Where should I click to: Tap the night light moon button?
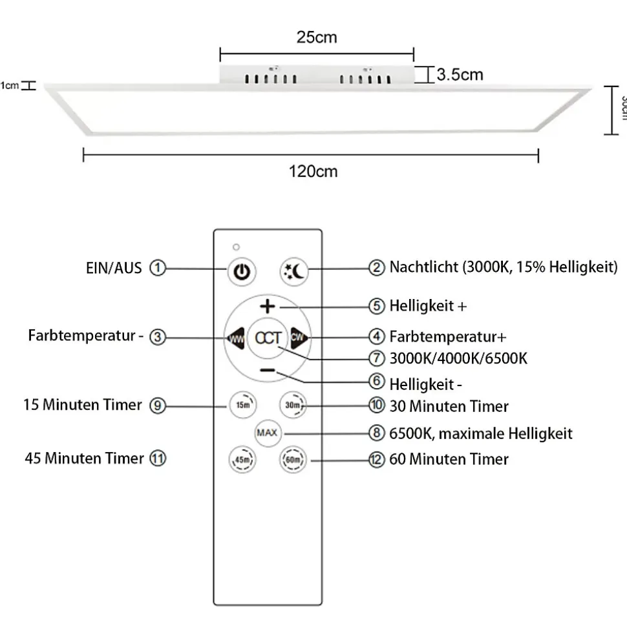coord(295,271)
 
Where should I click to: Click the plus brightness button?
coord(268,306)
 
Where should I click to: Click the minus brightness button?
coord(268,371)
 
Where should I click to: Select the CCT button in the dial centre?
coord(268,338)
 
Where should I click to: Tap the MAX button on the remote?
coord(267,432)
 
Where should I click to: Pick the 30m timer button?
coord(292,406)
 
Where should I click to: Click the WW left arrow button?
coord(234,338)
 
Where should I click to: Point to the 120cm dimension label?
coord(313,172)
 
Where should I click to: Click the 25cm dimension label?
coord(317,37)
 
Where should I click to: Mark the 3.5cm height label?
coord(460,74)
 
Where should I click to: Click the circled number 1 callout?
coord(158,267)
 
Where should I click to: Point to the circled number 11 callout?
coord(158,458)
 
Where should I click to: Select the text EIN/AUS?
coord(113,267)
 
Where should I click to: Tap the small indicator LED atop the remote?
coord(237,247)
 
